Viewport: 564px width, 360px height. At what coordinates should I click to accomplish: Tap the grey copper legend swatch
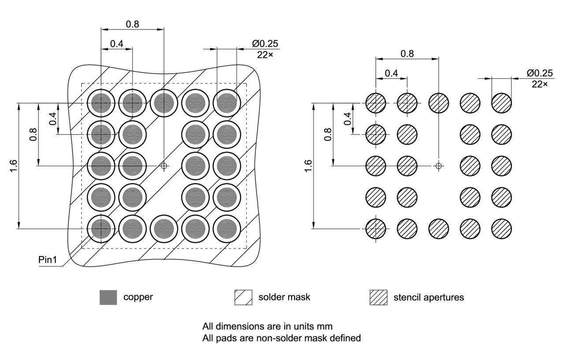108,297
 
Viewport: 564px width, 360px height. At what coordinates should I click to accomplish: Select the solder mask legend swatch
243,297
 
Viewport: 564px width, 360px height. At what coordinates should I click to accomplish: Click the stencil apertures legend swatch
378,297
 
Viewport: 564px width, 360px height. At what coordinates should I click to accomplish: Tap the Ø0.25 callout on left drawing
265,44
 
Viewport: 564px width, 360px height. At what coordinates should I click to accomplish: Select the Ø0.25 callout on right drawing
540,73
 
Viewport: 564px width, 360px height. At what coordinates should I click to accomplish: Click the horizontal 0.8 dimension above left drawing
132,24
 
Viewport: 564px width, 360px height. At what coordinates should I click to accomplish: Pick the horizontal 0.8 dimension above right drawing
407,53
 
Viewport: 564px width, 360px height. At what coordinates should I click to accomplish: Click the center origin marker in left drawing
164,166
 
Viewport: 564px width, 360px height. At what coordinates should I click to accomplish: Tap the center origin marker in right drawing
438,166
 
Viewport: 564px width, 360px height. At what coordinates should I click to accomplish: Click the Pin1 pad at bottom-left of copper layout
101,229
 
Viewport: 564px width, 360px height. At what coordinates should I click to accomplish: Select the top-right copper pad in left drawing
227,103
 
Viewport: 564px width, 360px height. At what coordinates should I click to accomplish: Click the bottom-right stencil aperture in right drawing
501,229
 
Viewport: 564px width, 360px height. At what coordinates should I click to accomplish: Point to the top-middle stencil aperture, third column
439,103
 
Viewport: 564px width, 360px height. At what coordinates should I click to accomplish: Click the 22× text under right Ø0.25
539,84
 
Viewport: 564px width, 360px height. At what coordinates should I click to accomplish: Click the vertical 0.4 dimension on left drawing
52,119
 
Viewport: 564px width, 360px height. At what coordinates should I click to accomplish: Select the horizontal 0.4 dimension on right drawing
391,73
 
